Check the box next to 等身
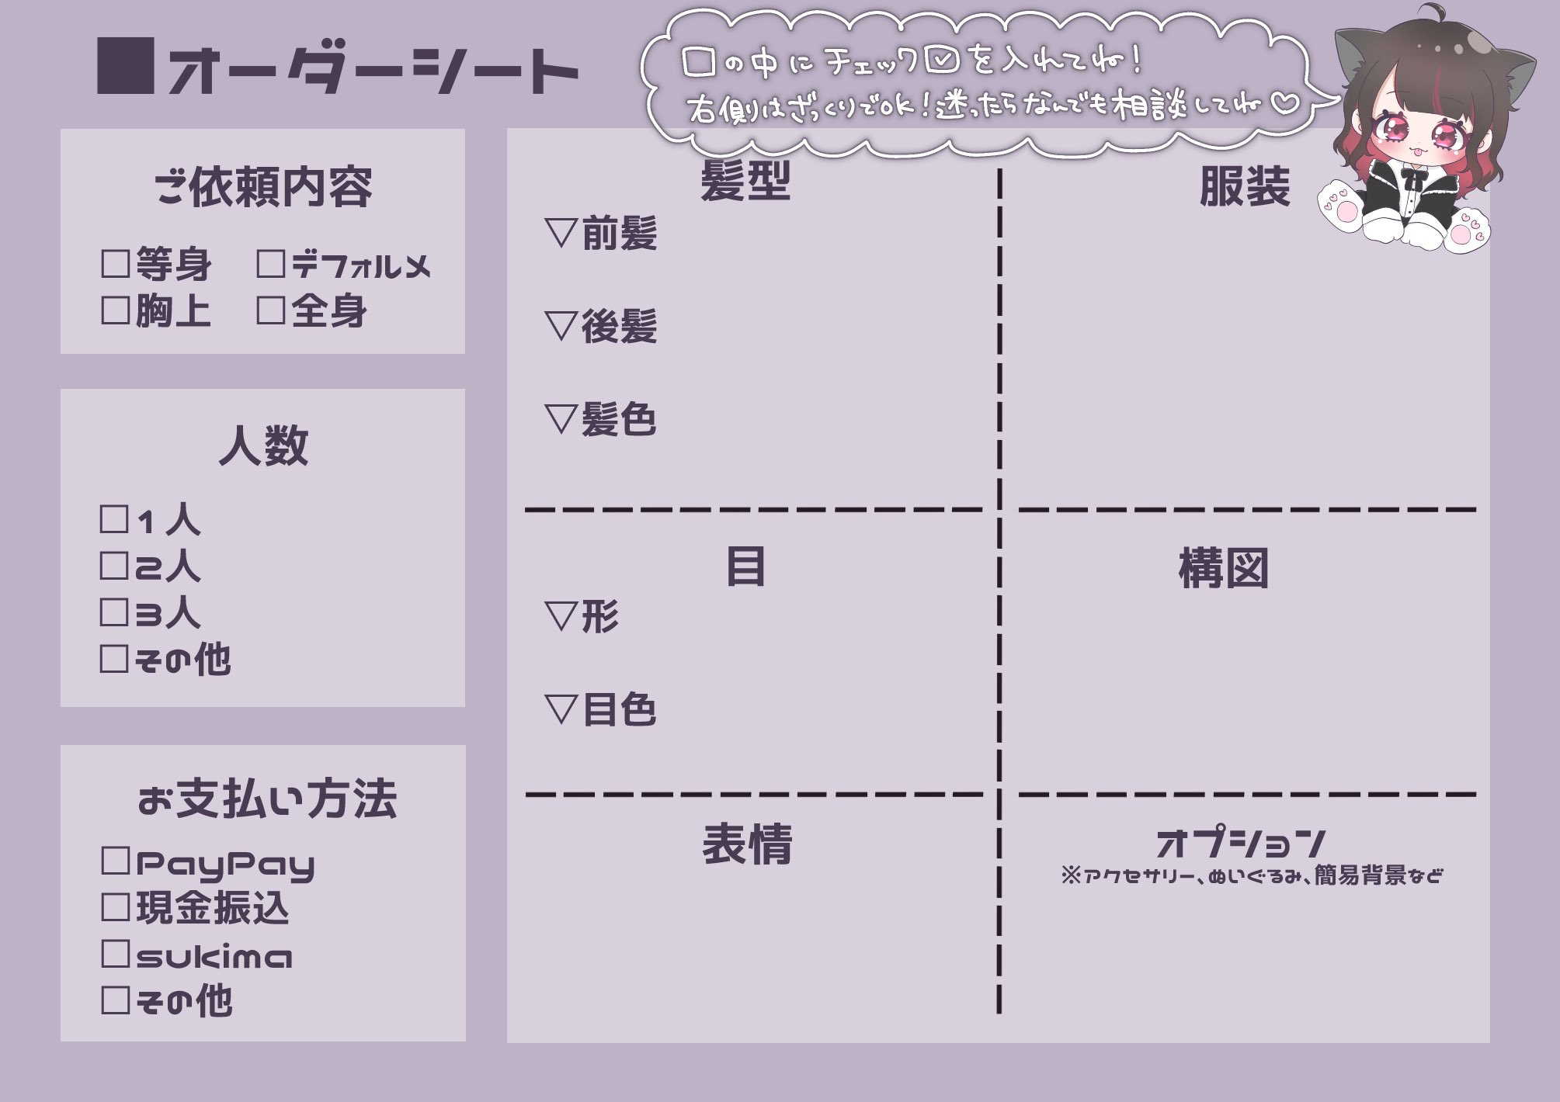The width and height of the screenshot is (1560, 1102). pos(115,264)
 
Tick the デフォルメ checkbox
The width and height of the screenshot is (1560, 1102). pos(270,264)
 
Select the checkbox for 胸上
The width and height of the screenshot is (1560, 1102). pos(115,310)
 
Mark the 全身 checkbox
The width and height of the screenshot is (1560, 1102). pos(270,310)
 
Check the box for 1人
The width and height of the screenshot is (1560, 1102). pos(114,519)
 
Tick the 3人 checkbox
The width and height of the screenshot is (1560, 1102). pos(114,612)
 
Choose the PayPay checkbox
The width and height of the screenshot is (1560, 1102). pos(115,861)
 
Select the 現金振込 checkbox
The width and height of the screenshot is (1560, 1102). pos(115,907)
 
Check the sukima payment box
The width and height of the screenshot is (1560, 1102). pos(115,954)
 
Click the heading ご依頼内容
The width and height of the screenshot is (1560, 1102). pos(263,187)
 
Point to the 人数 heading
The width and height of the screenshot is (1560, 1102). pos(263,446)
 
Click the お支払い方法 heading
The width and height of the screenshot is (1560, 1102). pos(266,799)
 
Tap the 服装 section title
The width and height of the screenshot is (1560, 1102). pos(1244,186)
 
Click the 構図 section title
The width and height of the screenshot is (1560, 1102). pos(1223,568)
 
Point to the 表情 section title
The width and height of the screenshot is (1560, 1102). pos(746,844)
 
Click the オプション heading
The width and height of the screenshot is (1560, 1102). pos(1240,842)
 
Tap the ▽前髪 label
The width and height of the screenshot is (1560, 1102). pos(601,233)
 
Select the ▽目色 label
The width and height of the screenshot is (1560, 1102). pos(601,709)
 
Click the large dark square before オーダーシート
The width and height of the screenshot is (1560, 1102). pos(125,66)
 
